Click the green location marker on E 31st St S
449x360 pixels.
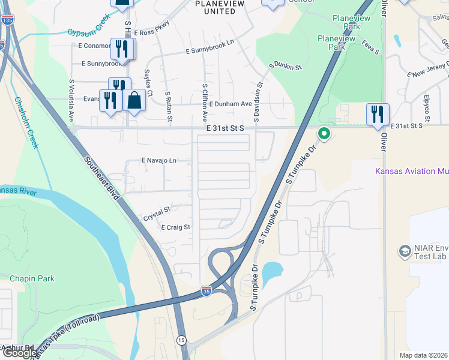pos(324,133)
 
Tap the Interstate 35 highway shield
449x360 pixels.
pos(206,291)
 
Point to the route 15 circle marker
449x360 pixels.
pos(182,340)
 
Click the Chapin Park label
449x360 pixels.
pos(32,278)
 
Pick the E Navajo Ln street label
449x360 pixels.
pos(158,161)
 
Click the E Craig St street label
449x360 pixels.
pos(175,227)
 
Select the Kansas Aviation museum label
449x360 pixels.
pos(413,172)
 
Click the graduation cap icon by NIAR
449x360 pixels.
pos(405,250)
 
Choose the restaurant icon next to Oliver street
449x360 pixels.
pos(378,113)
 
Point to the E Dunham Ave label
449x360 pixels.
pos(231,104)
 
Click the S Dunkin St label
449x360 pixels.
pos(285,67)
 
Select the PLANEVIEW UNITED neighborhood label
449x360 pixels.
pos(215,7)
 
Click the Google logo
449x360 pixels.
pos(19,353)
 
